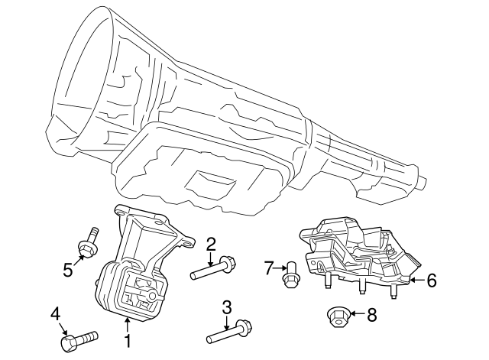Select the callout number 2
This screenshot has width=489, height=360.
pos(211,244)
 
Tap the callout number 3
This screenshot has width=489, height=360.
pos(227,307)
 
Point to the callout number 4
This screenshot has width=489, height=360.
pos(55,313)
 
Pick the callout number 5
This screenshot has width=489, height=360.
pos(68,268)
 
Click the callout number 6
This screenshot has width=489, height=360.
pos(431,281)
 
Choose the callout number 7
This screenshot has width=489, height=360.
pos(268,268)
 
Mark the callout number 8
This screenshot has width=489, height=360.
pos(372,313)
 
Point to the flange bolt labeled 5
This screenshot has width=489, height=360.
pos(88,242)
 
